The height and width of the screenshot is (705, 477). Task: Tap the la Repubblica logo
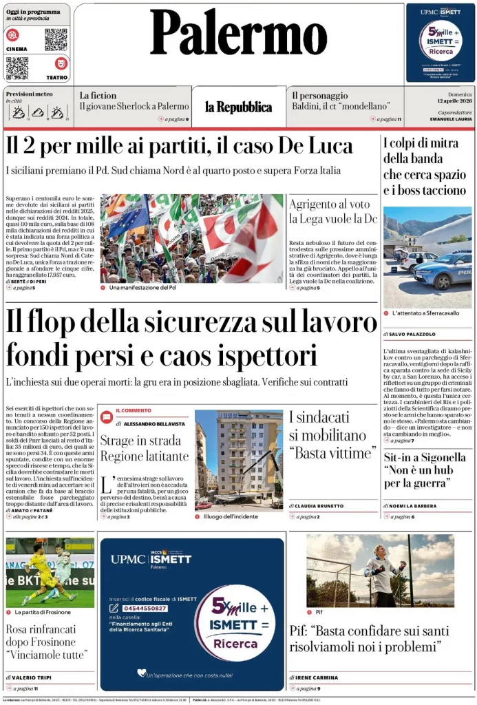point(238,107)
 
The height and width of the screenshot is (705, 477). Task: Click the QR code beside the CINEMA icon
point(56,39)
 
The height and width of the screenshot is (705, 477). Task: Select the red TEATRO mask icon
point(61,64)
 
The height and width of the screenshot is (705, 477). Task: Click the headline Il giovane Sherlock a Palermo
point(134,107)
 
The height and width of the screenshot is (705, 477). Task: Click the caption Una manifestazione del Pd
point(142,288)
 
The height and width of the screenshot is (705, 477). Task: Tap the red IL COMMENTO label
point(134,410)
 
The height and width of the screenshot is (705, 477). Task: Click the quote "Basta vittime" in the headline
point(330,453)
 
